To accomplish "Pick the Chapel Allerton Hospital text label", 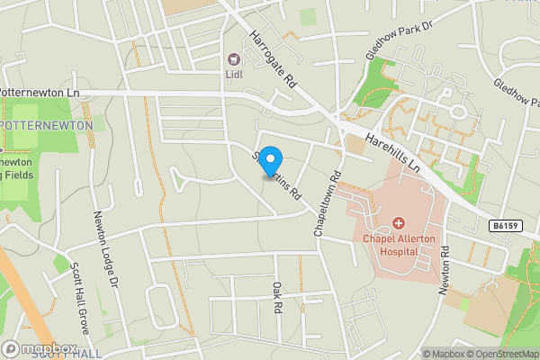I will tap(399, 245).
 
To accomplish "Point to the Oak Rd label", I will tap(277, 298).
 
